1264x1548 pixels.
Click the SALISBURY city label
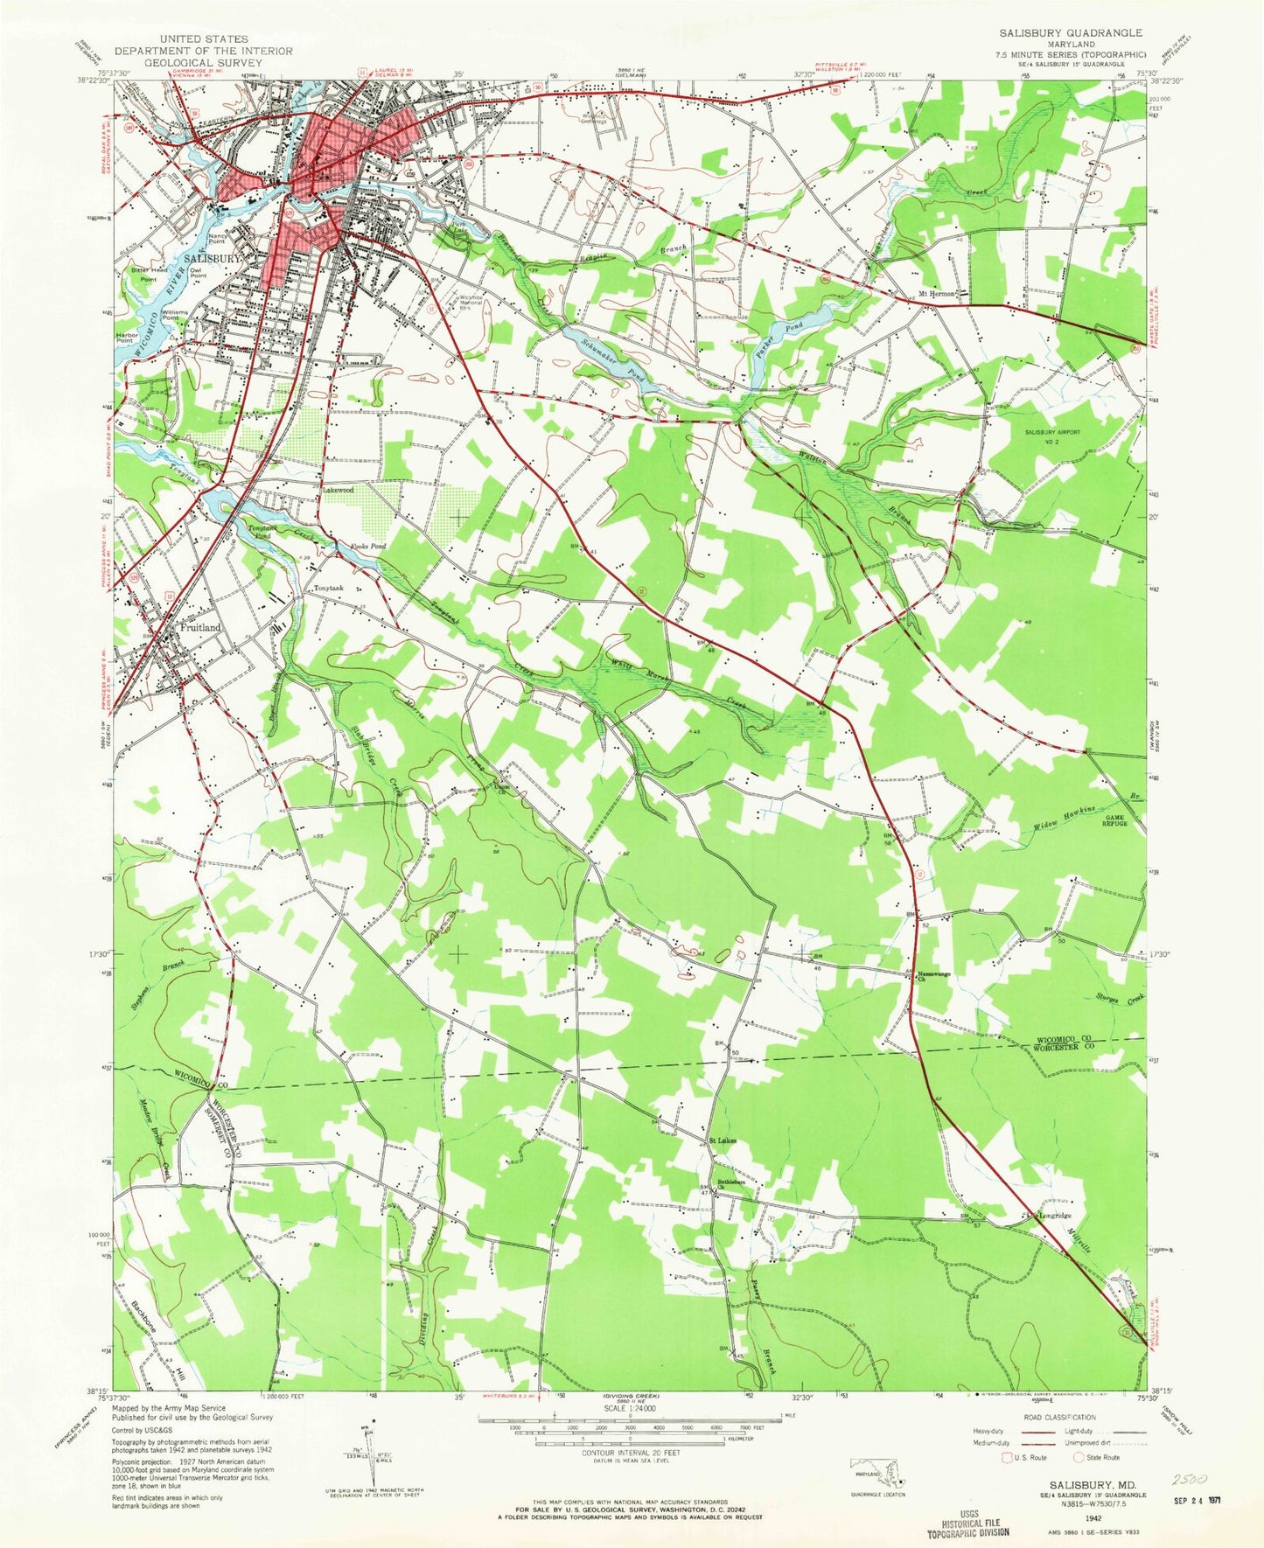211,259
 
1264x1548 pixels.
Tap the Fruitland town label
200,628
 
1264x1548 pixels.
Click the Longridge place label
1054,1216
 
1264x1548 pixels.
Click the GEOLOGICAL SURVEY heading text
203,63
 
